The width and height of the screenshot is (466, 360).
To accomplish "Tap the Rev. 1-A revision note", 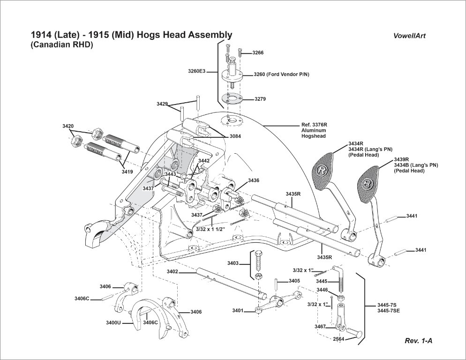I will (x=418, y=341).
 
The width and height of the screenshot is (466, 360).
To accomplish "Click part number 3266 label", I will (x=258, y=53).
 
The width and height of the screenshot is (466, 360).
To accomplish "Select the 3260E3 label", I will (x=196, y=71).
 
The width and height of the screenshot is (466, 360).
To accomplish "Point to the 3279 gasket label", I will (x=260, y=99).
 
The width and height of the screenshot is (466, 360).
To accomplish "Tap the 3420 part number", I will (x=68, y=127).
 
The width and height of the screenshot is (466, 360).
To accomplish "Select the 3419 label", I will (x=127, y=172).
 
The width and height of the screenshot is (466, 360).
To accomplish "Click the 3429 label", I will (x=162, y=104).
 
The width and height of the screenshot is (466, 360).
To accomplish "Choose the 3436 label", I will (x=254, y=180).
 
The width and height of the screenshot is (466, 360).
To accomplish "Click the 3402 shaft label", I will (x=172, y=271).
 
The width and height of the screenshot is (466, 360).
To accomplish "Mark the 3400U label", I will (x=113, y=323).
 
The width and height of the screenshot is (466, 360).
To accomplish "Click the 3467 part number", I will (x=320, y=326).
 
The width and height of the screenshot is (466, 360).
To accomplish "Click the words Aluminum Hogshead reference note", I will (x=314, y=133).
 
